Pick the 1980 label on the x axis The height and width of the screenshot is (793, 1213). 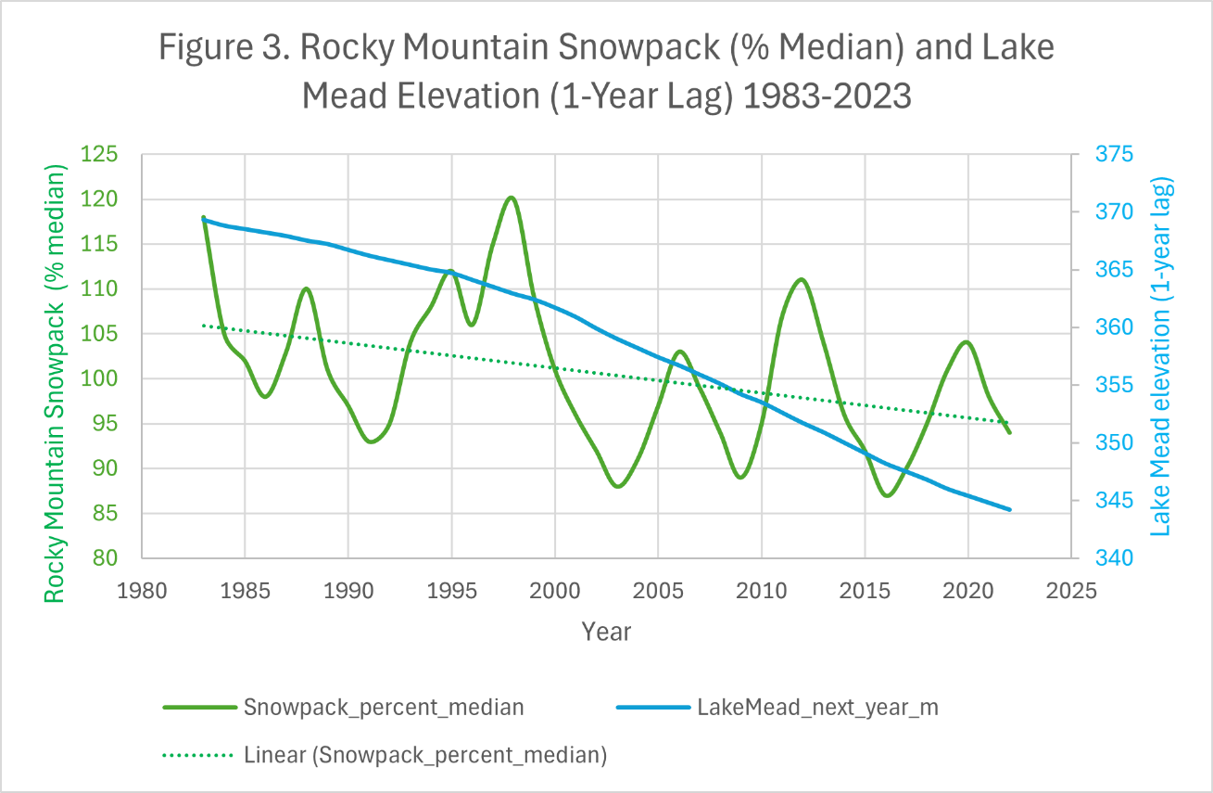142,591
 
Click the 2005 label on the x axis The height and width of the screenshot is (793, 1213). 658,591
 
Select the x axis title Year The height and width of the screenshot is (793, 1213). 606,633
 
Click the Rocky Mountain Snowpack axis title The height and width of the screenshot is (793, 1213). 57,385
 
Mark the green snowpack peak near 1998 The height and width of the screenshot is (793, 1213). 512,198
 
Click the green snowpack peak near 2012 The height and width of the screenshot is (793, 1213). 802,279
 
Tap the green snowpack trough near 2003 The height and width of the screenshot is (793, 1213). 617,486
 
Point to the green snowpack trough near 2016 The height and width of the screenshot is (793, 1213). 887,495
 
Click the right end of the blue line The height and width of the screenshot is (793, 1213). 1009,509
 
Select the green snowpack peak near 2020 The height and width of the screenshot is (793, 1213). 967,342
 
